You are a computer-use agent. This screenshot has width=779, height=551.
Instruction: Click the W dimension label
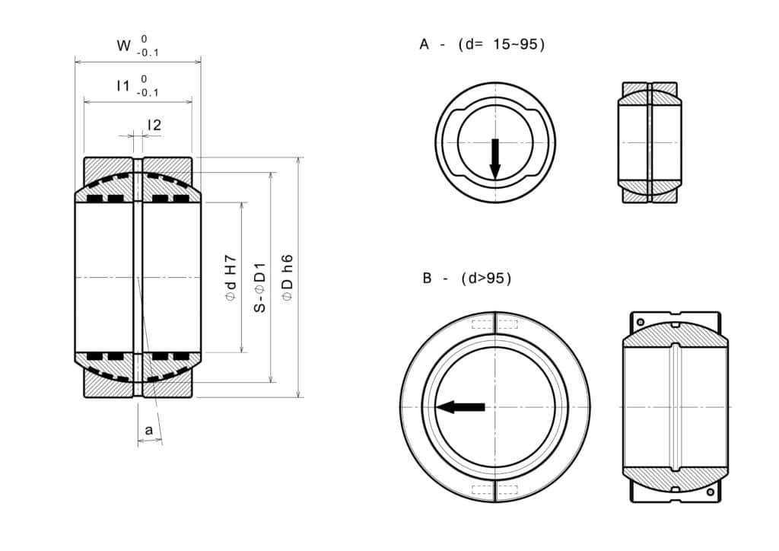(123, 46)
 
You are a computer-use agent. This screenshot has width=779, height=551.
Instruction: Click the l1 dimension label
(122, 86)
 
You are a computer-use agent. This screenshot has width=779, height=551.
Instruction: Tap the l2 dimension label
(154, 125)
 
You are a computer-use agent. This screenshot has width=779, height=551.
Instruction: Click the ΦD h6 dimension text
(288, 278)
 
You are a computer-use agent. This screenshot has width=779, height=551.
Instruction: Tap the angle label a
(149, 431)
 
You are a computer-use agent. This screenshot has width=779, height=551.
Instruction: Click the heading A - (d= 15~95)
(482, 45)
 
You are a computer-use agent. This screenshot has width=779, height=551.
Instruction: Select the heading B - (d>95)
(467, 279)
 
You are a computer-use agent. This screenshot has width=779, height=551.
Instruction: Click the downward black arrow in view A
(495, 158)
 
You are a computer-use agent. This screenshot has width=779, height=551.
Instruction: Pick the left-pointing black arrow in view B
(461, 407)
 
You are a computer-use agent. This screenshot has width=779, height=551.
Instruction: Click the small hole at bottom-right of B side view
(710, 492)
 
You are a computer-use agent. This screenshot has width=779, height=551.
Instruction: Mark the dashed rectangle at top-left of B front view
(482, 325)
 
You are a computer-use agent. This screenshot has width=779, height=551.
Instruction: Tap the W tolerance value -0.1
(148, 53)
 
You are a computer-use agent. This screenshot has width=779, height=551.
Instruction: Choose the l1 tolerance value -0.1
(148, 93)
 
